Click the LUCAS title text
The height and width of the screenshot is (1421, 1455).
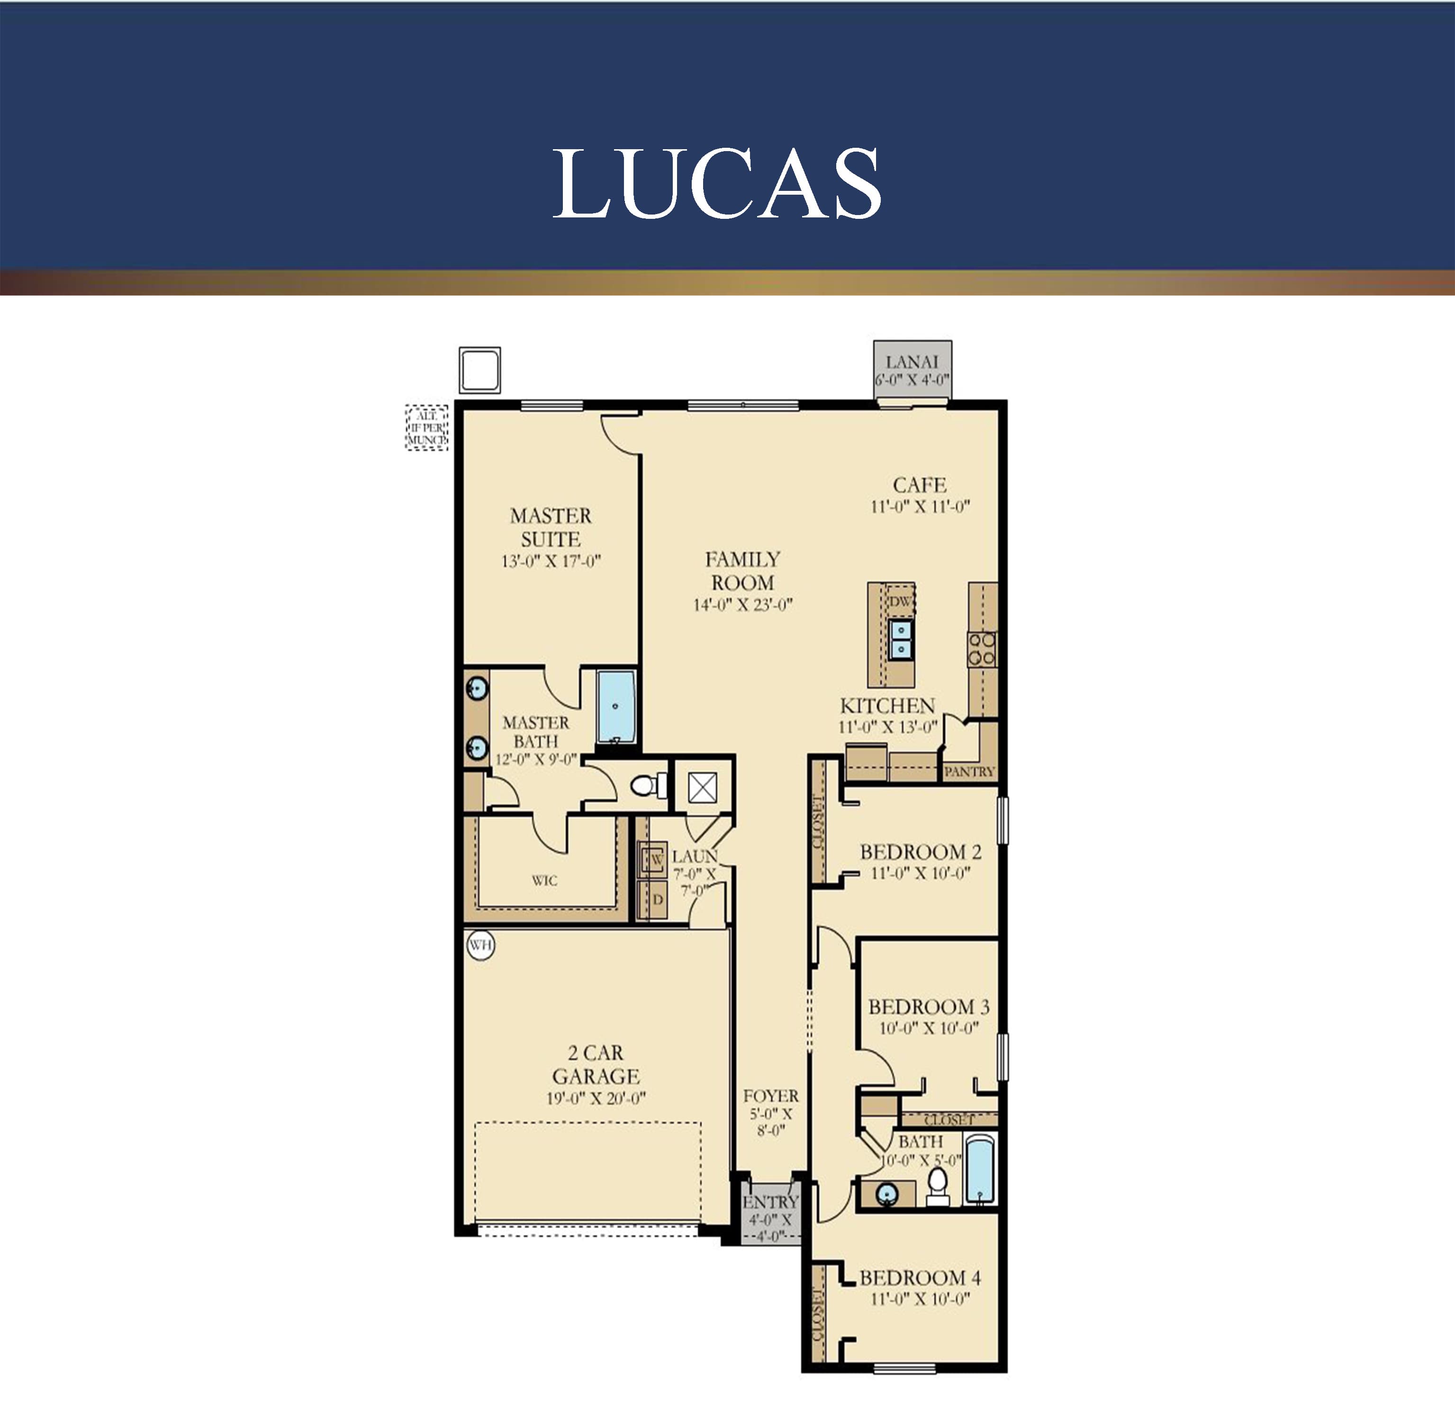pyautogui.click(x=717, y=184)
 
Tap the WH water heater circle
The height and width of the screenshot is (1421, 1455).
pyautogui.click(x=481, y=945)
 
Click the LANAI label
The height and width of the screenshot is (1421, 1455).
pyautogui.click(x=912, y=362)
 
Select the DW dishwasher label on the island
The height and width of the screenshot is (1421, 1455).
pyautogui.click(x=900, y=601)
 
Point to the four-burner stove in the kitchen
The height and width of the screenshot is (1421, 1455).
pyautogui.click(x=982, y=648)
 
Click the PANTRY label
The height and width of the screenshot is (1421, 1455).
pyautogui.click(x=969, y=772)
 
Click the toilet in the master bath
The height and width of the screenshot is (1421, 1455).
pyautogui.click(x=647, y=785)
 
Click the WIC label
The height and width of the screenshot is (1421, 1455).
pyautogui.click(x=544, y=881)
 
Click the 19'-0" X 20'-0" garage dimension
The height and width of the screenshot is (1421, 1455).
pyautogui.click(x=595, y=1098)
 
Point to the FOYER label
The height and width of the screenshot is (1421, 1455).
pyautogui.click(x=770, y=1096)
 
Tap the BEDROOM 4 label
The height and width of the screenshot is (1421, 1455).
pyautogui.click(x=920, y=1277)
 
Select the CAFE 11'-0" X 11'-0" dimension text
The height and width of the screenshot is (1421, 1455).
pyautogui.click(x=920, y=507)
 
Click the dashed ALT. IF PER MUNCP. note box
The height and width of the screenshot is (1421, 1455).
pyautogui.click(x=427, y=428)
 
